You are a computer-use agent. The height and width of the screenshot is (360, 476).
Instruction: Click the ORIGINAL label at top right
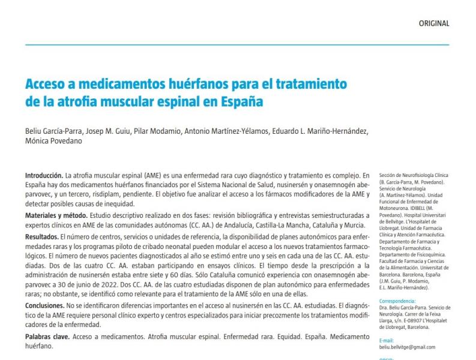pyautogui.click(x=433, y=23)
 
